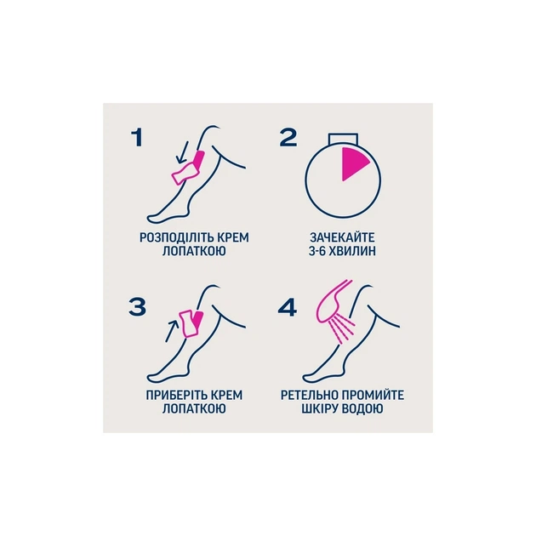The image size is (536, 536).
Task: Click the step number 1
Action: [x=137, y=138]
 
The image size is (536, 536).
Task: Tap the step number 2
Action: [x=288, y=138]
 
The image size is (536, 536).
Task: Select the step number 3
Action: [x=138, y=306]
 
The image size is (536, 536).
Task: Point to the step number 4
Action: [x=288, y=307]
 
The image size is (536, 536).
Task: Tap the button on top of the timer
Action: [x=343, y=139]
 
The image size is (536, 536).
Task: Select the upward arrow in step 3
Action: [x=172, y=330]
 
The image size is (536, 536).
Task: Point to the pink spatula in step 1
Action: [x=188, y=168]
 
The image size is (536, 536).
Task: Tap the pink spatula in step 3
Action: [x=192, y=323]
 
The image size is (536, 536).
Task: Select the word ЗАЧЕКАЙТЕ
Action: [x=342, y=237]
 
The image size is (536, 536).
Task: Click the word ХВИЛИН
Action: [x=354, y=251]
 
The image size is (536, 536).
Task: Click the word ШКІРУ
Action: [x=320, y=409]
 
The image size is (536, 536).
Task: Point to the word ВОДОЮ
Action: [x=362, y=409]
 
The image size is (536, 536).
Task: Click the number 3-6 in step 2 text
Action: [x=318, y=251]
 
